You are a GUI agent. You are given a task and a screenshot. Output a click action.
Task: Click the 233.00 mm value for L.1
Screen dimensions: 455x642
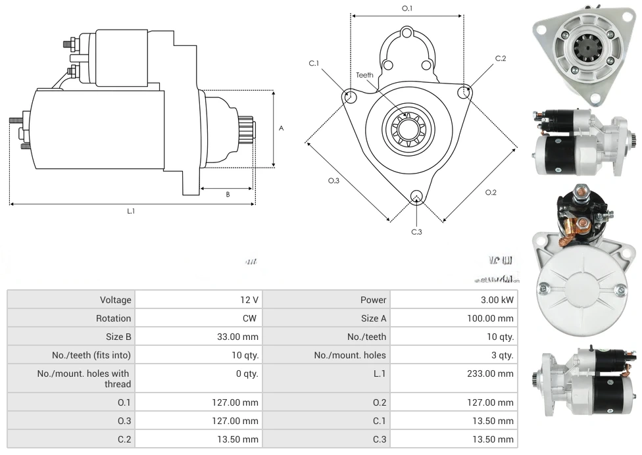497,373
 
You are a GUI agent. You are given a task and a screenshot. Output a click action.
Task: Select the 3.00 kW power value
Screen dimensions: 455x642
498,300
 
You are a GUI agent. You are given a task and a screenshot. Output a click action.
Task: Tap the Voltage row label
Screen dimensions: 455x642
116,300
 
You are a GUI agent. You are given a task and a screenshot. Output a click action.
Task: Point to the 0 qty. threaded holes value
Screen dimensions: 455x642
244,373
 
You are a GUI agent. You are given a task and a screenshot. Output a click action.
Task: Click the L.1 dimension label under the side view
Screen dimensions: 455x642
131,211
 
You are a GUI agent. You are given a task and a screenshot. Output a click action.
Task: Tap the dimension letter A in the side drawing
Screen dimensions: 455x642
282,128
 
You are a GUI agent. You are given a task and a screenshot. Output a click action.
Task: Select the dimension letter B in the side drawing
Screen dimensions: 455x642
228,194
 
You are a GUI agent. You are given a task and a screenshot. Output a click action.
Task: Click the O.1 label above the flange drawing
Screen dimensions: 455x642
407,9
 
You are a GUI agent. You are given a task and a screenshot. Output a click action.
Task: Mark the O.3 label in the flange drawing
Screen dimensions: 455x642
333,181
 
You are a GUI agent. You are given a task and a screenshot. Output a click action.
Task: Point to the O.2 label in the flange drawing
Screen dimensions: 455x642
491,192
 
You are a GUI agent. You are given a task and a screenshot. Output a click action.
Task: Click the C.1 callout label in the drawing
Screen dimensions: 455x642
314,63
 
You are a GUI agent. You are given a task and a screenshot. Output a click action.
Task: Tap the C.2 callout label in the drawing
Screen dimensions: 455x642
501,59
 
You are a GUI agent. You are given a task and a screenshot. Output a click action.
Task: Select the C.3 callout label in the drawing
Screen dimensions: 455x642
416,231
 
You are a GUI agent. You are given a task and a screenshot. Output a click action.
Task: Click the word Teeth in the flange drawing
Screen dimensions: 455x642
364,75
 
